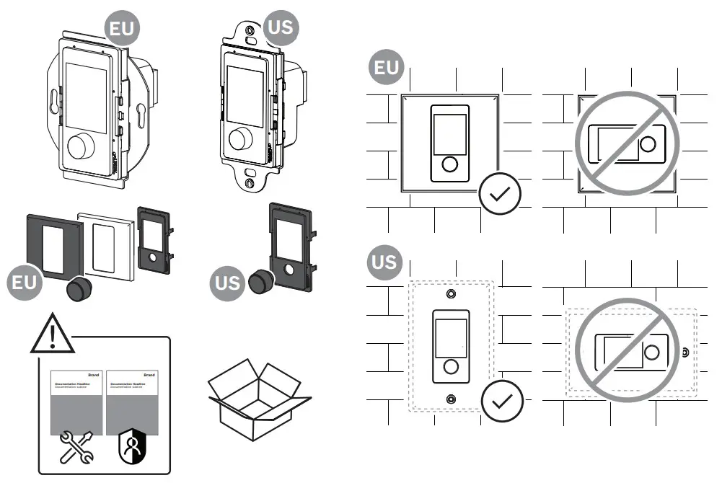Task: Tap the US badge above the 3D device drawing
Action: [280, 27]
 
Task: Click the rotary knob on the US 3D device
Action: [239, 138]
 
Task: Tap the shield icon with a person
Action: [131, 448]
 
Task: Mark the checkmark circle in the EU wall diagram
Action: [500, 193]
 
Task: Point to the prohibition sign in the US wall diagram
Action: [627, 350]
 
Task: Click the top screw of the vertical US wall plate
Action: [451, 295]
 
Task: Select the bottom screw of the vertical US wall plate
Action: [451, 399]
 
